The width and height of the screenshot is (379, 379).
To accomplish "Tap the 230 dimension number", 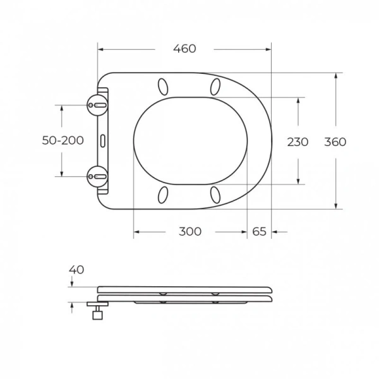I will click(x=298, y=141).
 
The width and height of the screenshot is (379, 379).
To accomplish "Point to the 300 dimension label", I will click(x=189, y=232).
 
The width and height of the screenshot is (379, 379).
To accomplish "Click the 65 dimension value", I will click(x=259, y=232).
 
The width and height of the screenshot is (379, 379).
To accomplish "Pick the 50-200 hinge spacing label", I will click(x=63, y=141).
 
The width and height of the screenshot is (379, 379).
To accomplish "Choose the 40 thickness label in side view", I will click(x=76, y=270).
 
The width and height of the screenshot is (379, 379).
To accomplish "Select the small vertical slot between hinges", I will click(x=102, y=139).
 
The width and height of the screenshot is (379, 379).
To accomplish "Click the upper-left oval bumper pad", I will click(x=164, y=86).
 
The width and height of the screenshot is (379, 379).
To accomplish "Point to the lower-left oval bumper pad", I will click(x=164, y=193).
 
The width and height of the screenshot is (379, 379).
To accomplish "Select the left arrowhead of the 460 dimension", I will click(x=101, y=49).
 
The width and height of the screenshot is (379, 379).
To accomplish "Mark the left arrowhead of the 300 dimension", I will click(x=136, y=232).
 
